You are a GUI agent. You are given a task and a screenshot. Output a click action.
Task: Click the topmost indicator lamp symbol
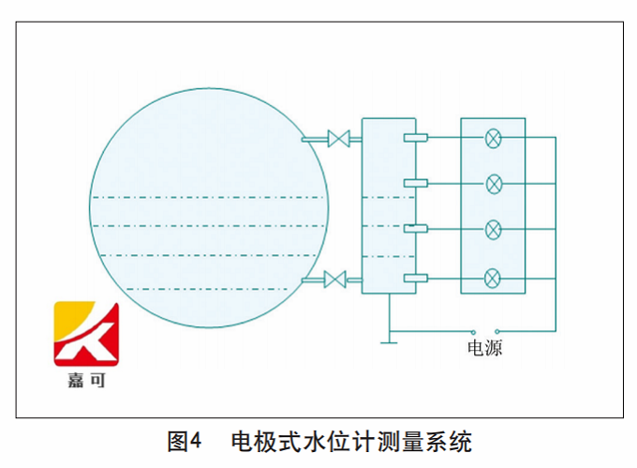494,139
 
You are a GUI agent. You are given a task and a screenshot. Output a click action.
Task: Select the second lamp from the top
494,183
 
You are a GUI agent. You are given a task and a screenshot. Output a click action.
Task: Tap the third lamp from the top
494,229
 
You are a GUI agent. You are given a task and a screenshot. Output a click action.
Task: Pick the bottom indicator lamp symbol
494,278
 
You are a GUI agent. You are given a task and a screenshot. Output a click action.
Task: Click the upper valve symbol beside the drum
338,140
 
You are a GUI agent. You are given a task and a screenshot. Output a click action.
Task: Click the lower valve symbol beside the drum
334,279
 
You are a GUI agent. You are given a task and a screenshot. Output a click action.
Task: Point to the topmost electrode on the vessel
415,139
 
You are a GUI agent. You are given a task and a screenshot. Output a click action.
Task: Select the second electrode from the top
415,183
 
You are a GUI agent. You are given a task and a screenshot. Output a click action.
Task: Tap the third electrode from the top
415,229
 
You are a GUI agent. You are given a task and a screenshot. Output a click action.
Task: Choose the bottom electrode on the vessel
415,278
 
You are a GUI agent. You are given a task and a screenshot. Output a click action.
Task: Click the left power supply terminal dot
474,331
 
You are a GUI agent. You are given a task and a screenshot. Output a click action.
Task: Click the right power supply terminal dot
496,331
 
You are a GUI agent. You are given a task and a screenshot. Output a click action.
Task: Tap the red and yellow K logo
87,335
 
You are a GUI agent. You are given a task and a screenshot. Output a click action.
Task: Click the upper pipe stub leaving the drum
313,140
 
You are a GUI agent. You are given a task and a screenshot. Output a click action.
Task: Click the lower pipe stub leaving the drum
313,279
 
